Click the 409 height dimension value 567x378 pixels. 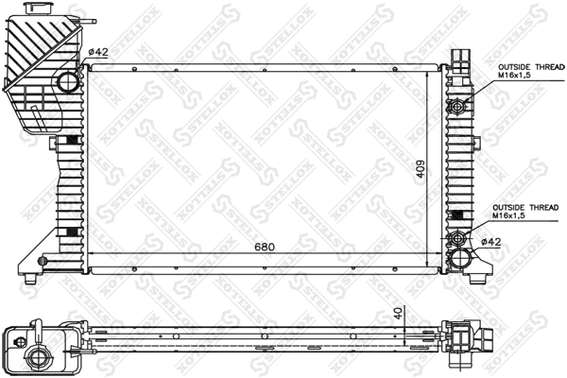[422, 167]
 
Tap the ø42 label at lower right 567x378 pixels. [490, 241]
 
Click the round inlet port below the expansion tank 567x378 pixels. [69, 82]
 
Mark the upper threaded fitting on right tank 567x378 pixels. [461, 104]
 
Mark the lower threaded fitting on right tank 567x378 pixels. [461, 237]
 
